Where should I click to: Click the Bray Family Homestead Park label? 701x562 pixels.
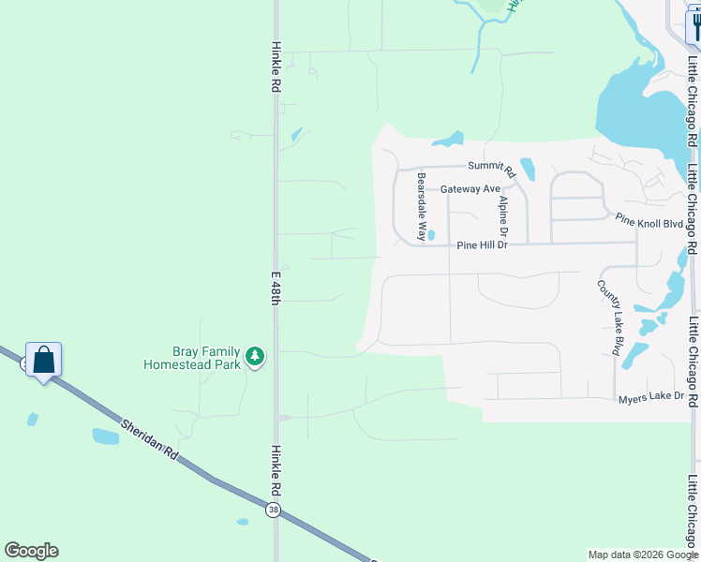[192, 356]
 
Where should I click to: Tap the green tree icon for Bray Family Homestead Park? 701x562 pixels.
[255, 356]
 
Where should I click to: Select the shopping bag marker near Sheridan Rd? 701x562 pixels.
[43, 360]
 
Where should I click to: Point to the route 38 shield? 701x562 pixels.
[273, 510]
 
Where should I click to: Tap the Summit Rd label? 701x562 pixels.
[492, 169]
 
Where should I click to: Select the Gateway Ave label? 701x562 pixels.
[470, 188]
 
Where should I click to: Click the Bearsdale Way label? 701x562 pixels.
[422, 206]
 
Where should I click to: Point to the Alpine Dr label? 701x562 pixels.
[503, 215]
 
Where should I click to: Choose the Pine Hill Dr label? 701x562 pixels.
[482, 245]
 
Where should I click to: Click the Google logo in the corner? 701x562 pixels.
[31, 551]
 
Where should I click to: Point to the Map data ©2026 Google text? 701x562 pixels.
[644, 555]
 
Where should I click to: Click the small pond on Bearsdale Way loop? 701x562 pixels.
[431, 235]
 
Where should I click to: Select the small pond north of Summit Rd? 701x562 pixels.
[449, 141]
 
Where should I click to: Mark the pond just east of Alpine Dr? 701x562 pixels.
[528, 169]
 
